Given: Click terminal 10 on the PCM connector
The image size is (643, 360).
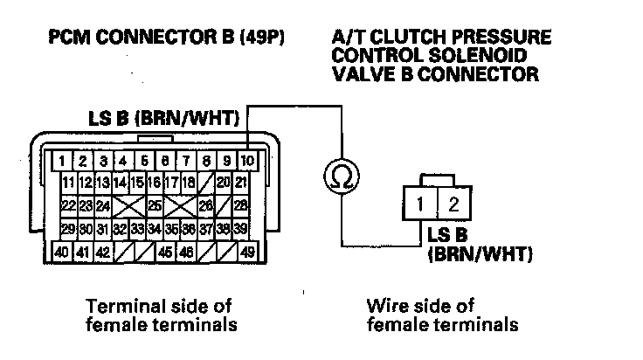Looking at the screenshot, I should point(247,161).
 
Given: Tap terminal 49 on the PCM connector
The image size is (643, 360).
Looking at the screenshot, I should point(247,253).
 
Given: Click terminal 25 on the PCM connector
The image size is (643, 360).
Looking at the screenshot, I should point(154,206).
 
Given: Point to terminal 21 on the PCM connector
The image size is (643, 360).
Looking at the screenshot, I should point(242,183).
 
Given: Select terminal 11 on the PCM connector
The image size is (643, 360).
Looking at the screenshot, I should point(68,183).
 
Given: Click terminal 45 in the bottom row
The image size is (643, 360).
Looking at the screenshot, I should point(165,253).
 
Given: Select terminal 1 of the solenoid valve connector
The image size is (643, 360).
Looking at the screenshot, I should point(420,207).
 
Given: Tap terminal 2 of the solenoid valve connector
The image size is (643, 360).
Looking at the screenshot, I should point(453,207).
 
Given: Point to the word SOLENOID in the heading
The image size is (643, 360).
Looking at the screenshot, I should point(491,57).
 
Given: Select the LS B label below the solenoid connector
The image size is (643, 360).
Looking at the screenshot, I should point(451,236).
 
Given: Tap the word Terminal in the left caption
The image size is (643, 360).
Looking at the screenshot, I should point(121,307).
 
